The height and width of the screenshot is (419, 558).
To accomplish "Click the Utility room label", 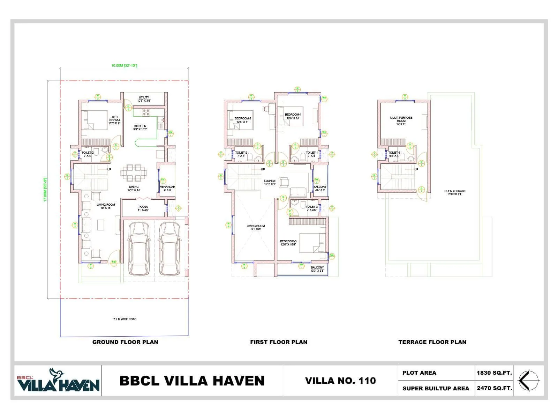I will (144, 99).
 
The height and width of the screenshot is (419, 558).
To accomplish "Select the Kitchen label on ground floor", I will (140, 127).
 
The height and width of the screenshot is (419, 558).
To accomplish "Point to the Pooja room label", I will (143, 208).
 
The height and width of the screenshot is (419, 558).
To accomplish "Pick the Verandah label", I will (167, 188).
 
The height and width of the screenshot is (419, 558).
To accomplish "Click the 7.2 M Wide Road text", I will (125, 319).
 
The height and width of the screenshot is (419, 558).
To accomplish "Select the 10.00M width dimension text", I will (124, 65).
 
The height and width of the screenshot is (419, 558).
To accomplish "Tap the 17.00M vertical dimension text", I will (45, 190).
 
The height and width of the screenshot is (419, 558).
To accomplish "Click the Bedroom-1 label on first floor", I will (293, 116).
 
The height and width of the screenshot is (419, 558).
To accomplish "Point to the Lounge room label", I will (270, 182).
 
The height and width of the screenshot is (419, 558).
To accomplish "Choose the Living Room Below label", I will (256, 227).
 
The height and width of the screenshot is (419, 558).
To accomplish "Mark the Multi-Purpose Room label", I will (401, 121).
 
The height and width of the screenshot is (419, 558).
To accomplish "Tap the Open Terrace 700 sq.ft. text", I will (455, 192).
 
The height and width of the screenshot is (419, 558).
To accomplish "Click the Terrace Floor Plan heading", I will (432, 342).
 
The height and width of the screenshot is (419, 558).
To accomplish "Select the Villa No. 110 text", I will (340, 381).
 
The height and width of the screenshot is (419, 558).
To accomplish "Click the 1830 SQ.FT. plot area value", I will (494, 373).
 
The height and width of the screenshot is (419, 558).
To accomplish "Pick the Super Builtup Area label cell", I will (436, 388).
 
